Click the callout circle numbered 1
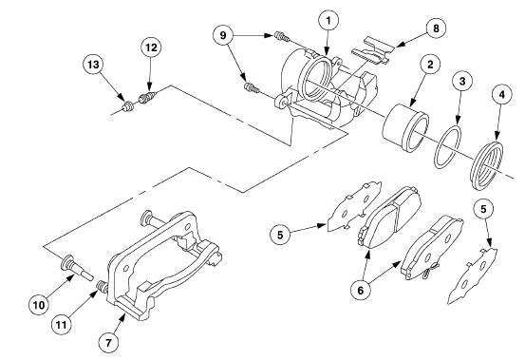328,18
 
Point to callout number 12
151,47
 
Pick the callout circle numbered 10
41,305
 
